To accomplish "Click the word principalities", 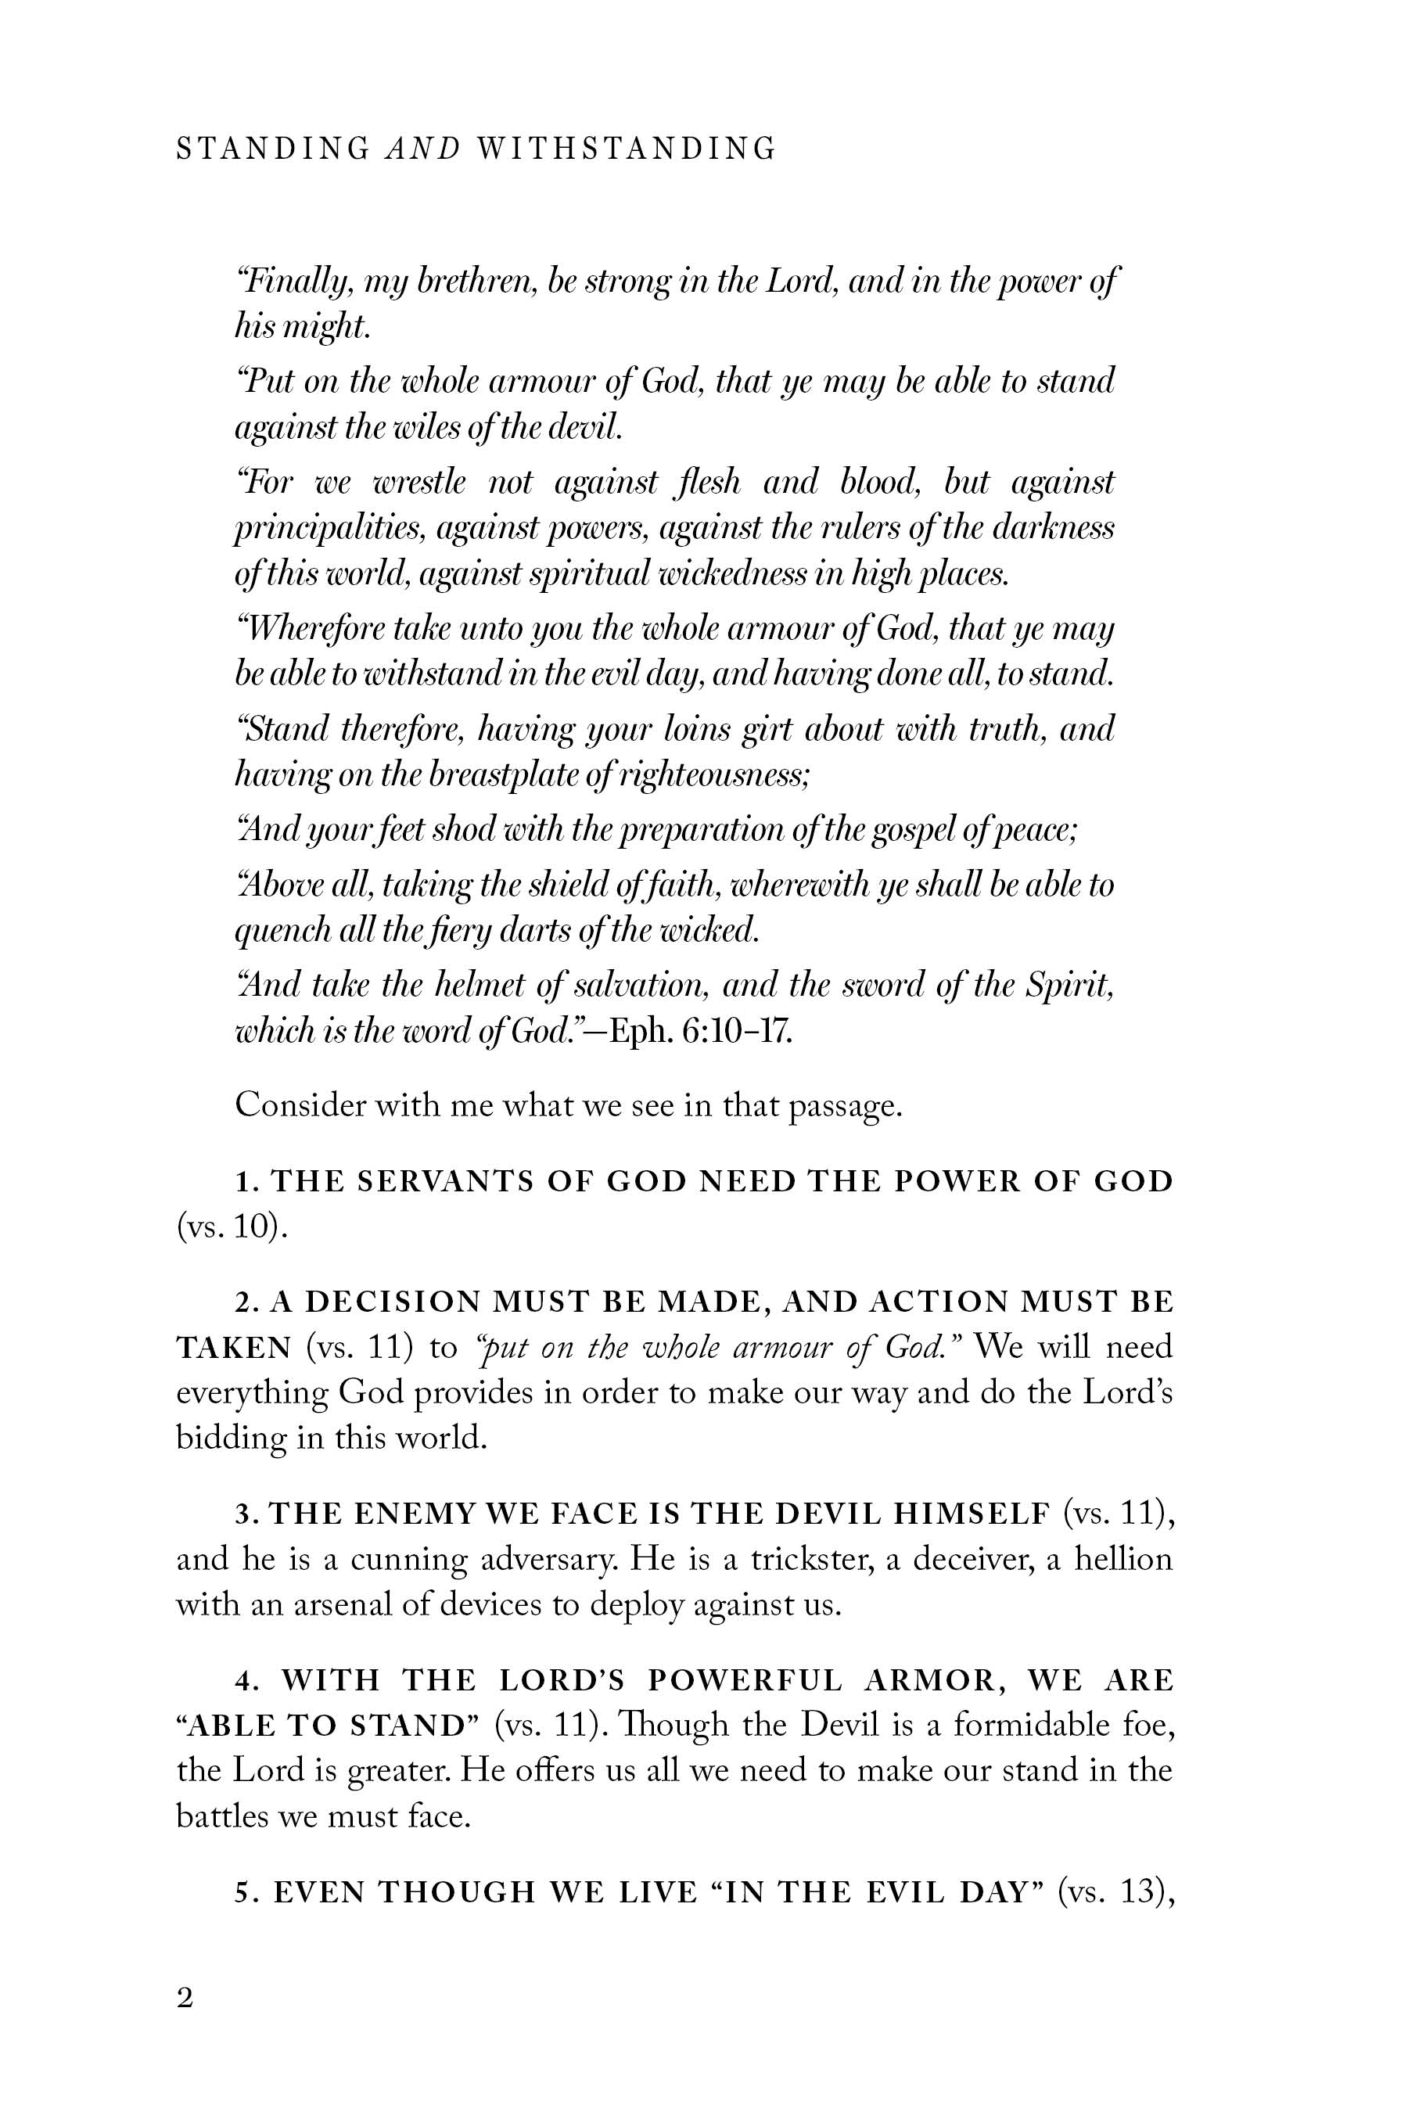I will click(329, 529).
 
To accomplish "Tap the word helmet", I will click(476, 986).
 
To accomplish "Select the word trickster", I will click(813, 1560).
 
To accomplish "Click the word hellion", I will click(1123, 1560).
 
